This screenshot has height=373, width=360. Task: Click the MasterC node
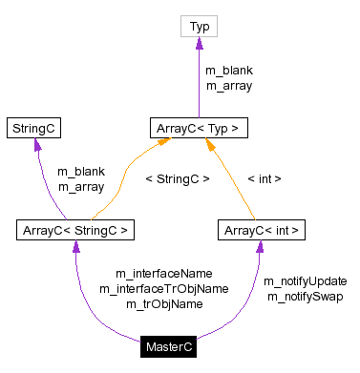click(170, 347)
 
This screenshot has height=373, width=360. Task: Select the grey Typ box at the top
click(201, 27)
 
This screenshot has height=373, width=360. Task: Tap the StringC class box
click(35, 126)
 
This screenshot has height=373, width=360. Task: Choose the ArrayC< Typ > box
click(201, 126)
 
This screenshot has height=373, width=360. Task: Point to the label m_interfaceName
click(163, 273)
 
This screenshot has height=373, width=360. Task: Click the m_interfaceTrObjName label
click(163, 288)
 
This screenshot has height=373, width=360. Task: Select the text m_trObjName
click(163, 303)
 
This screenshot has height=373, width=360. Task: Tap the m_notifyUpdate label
click(306, 281)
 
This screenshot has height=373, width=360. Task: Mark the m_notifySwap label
click(306, 297)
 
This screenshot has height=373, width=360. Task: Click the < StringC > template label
click(177, 177)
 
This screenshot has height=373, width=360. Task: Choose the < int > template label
click(264, 177)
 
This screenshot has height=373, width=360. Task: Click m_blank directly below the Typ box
click(229, 71)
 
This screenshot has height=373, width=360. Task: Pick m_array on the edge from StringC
click(80, 187)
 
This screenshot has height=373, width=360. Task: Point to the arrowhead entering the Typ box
click(201, 43)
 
